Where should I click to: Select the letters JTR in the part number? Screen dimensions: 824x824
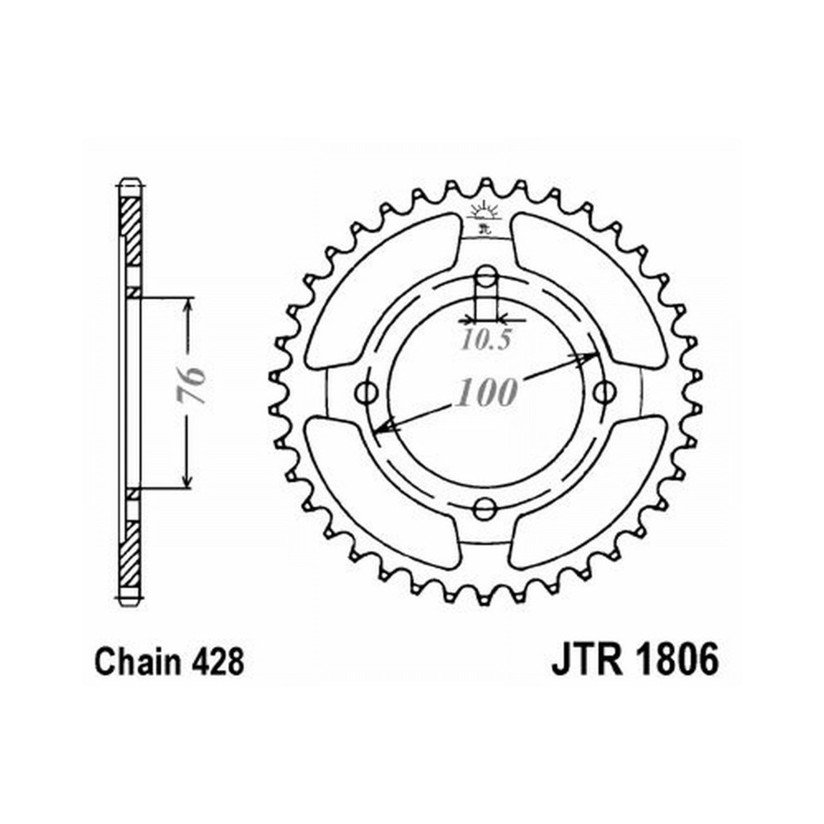(x=587, y=660)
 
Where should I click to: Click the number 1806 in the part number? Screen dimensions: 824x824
(x=677, y=660)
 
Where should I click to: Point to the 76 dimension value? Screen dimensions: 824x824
(x=191, y=385)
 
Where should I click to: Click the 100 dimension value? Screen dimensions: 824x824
(x=486, y=391)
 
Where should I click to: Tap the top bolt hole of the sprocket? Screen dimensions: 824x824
(x=485, y=275)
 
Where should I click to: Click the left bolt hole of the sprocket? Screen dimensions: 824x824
(x=367, y=392)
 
